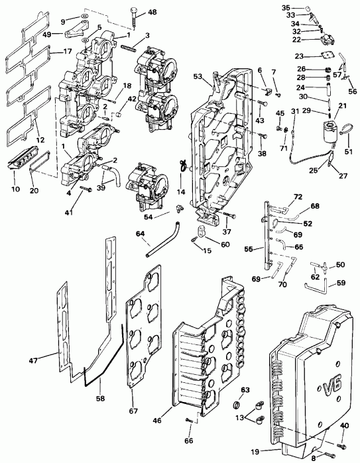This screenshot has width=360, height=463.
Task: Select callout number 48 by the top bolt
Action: pyautogui.click(x=152, y=13)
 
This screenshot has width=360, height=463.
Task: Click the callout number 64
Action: pyautogui.click(x=141, y=233)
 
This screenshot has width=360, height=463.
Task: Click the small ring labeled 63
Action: pyautogui.click(x=236, y=405)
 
